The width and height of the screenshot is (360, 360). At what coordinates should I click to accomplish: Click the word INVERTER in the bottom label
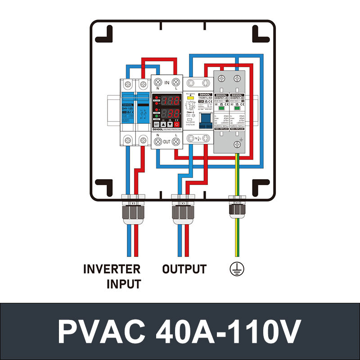point(112,269)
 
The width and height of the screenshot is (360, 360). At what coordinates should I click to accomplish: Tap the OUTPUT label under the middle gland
point(184,269)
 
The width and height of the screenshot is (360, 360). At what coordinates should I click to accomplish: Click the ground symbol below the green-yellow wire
point(237,269)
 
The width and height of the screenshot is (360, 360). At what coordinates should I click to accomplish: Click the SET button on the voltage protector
point(157,124)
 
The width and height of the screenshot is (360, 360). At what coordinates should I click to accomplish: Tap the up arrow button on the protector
point(163,124)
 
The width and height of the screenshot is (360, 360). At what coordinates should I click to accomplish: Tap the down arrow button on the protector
point(170,124)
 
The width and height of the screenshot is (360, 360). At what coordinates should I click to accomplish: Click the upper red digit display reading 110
point(171,100)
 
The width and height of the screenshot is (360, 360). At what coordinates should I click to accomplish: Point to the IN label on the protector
point(166,82)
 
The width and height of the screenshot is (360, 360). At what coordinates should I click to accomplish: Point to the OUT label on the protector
point(166,141)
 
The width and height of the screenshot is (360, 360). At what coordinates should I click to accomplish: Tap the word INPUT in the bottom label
point(123,284)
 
